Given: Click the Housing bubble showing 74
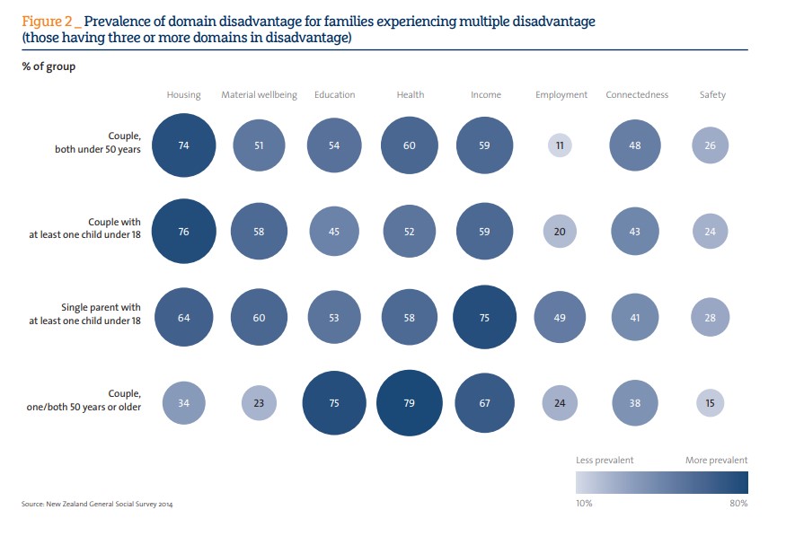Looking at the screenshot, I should coord(183,145).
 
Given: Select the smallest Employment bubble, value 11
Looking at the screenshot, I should coord(561,145).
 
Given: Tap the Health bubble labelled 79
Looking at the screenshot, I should coord(409,403).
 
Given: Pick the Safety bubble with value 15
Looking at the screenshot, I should coord(711,403).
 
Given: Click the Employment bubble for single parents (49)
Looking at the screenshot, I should coord(561,317).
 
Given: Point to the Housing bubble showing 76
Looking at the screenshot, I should coord(183,231).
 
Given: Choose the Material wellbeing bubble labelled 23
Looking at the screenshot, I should coord(259,403).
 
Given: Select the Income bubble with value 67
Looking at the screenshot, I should coord(484,403).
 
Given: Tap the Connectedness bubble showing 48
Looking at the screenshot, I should coord(635,145).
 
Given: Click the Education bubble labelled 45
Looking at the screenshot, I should coord(334,231).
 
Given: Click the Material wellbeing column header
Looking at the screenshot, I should coord(259,94).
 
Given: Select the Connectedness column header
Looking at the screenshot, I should coord(637,94).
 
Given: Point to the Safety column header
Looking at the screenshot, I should coord(712,94).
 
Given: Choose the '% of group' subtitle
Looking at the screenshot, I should coord(49,67).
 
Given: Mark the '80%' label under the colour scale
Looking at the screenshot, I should coord(738,504).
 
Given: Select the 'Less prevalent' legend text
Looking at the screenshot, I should coord(605,460).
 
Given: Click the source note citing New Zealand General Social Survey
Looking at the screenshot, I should coord(97,505).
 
